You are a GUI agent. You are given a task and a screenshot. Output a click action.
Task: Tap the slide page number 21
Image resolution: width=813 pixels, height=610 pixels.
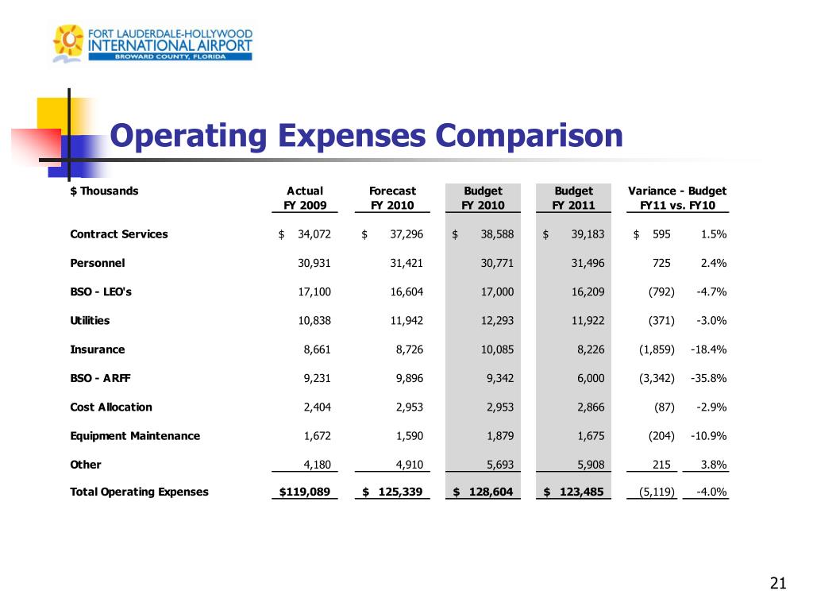click(778, 585)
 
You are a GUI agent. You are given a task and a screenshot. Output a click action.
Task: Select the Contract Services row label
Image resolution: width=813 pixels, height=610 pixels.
click(119, 234)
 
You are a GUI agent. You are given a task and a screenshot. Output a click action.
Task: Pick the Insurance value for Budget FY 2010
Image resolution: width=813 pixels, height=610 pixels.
click(497, 349)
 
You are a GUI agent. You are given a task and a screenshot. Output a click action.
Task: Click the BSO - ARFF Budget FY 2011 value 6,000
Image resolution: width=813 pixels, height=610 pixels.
click(589, 378)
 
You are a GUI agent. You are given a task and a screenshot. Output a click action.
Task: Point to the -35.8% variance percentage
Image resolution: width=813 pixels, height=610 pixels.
click(711, 378)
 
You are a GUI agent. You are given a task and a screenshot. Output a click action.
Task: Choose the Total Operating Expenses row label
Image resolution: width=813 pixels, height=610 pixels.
click(140, 492)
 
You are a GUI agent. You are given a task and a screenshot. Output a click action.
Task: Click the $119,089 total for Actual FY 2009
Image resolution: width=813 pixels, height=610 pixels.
click(305, 492)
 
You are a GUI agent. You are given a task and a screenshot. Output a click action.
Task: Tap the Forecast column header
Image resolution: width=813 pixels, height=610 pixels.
click(392, 191)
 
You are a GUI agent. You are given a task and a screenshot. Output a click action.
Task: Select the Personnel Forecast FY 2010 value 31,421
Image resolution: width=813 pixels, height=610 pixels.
click(406, 263)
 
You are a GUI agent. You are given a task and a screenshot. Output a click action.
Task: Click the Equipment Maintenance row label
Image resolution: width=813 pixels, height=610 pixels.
click(135, 435)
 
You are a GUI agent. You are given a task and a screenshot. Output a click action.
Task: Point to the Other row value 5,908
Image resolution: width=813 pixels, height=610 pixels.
click(589, 464)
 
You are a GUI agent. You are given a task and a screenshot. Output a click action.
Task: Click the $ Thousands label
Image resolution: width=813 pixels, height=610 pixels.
click(104, 191)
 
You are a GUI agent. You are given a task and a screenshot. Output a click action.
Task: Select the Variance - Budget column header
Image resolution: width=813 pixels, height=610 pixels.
click(676, 191)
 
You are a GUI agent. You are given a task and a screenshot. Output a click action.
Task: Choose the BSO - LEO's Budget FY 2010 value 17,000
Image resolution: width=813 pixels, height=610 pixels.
click(497, 291)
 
